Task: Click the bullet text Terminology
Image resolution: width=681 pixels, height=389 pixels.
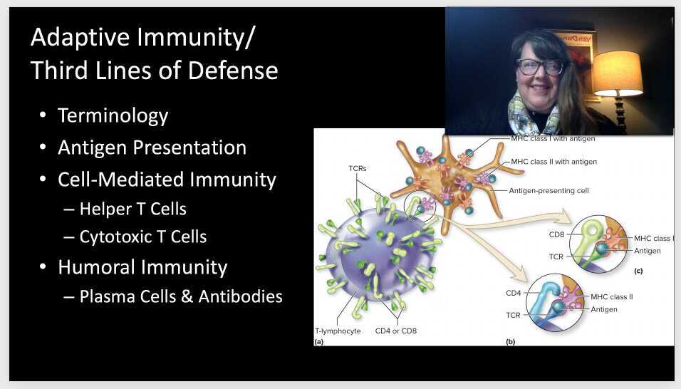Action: [113, 115]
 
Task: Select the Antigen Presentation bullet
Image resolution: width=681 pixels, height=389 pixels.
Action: [152, 147]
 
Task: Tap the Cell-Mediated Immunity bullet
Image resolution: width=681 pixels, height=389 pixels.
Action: [167, 180]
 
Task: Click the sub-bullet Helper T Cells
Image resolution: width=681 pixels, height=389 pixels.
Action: [132, 209]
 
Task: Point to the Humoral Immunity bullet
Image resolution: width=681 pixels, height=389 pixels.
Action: [142, 267]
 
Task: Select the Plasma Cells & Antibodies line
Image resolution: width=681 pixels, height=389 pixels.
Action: [180, 296]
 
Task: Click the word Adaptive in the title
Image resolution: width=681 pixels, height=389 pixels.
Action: [79, 38]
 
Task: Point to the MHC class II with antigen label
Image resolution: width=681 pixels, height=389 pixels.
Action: [553, 162]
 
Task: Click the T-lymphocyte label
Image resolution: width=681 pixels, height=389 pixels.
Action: [338, 331]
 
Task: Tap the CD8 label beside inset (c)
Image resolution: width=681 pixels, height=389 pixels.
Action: [556, 234]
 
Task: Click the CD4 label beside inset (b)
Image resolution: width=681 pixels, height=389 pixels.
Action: [514, 293]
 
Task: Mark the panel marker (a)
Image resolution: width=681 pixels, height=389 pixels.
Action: [319, 342]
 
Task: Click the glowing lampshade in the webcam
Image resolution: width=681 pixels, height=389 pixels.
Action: [617, 73]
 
